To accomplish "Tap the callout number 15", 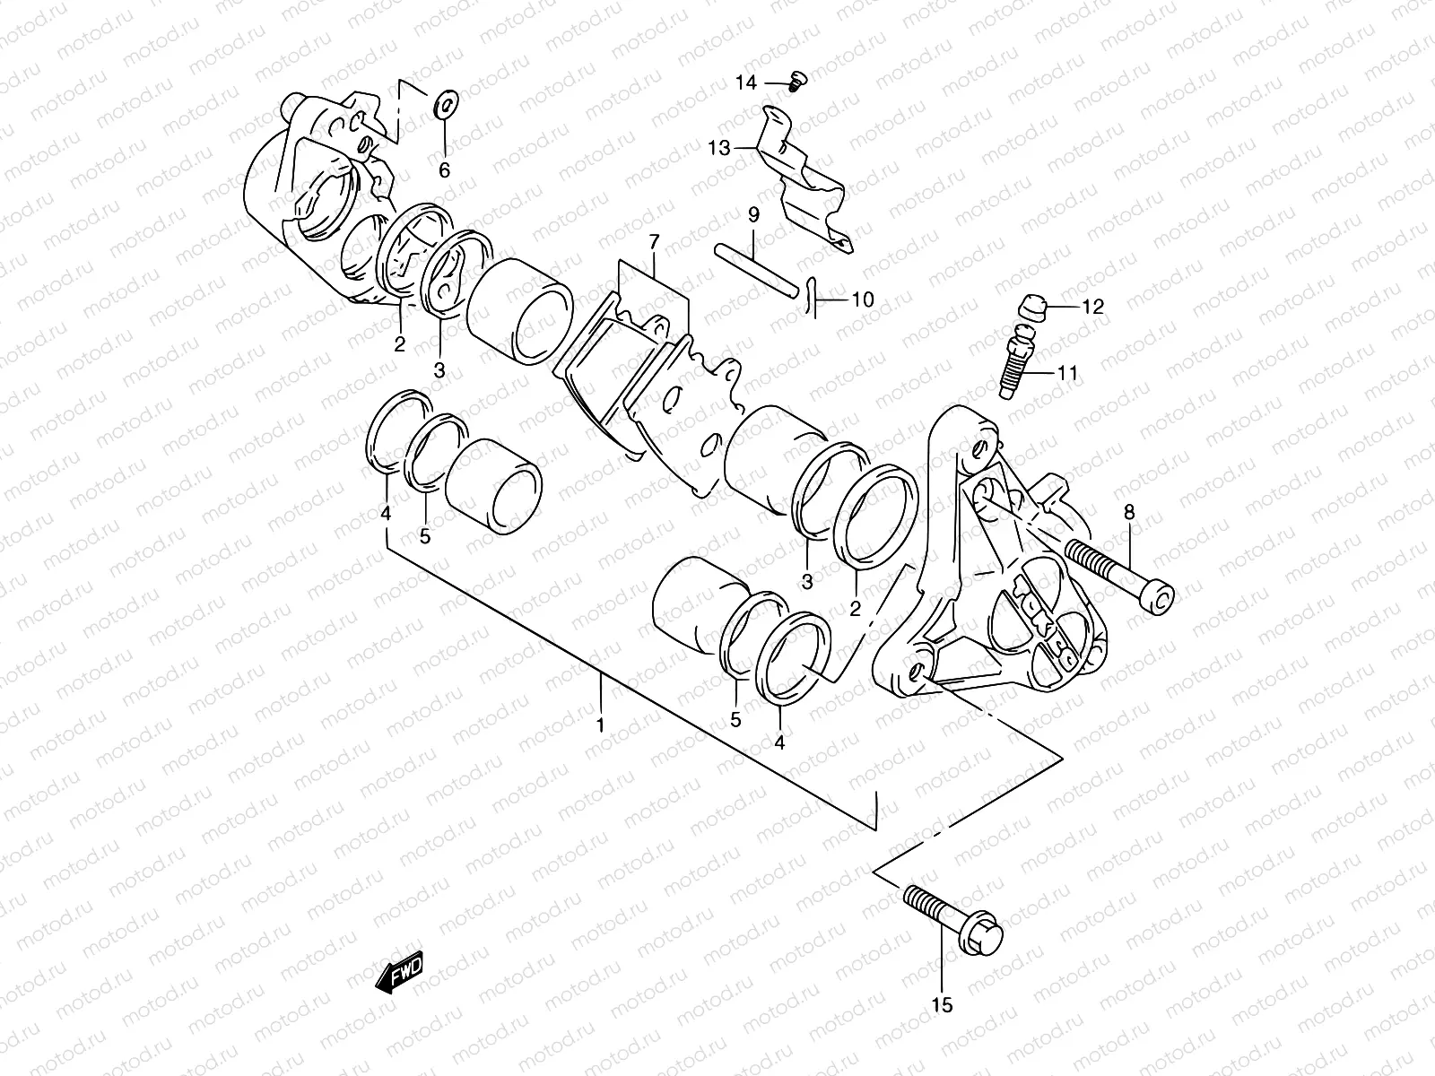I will [x=942, y=1005].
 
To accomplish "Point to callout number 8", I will [x=1128, y=513].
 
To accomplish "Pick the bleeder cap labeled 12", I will [x=1032, y=310].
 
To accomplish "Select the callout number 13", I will [x=719, y=148].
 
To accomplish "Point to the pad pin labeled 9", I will [x=755, y=267].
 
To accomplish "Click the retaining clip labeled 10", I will [x=812, y=297].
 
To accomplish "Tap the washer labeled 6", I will [x=444, y=106].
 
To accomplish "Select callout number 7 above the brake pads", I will [x=654, y=241].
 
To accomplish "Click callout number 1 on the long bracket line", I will [x=601, y=723].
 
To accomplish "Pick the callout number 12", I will [x=1091, y=307].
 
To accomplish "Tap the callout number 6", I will [x=444, y=170].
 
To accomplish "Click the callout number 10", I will [x=861, y=299].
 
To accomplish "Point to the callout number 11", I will [x=1066, y=372].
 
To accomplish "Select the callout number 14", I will [x=746, y=82].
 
